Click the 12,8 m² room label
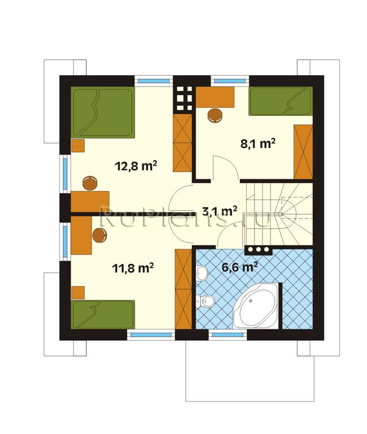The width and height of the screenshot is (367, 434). [136, 166]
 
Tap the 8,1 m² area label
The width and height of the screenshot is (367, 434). [258, 144]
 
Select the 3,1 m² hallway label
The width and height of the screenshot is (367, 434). [220, 211]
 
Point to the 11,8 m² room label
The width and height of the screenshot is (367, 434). [133, 268]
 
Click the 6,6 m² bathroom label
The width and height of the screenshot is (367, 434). [240, 267]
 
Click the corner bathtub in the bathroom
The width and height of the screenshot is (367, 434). [255, 305]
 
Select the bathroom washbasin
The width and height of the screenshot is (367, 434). [202, 273]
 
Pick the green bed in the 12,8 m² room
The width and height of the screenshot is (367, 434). [103, 112]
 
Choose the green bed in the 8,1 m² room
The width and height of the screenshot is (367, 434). [281, 101]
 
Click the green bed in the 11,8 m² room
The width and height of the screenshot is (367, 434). [103, 314]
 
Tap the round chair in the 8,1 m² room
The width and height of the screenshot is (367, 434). [215, 115]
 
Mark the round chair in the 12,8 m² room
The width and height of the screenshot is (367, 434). [90, 183]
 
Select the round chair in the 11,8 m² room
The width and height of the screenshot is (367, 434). [99, 236]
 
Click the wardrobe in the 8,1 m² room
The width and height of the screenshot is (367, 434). [303, 151]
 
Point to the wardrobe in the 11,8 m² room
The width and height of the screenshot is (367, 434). [183, 289]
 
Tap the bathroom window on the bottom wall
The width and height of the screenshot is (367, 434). [228, 335]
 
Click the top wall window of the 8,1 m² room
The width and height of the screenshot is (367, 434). [230, 81]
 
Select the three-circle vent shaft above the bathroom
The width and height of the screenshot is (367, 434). [259, 249]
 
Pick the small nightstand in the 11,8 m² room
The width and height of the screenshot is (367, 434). [78, 293]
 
